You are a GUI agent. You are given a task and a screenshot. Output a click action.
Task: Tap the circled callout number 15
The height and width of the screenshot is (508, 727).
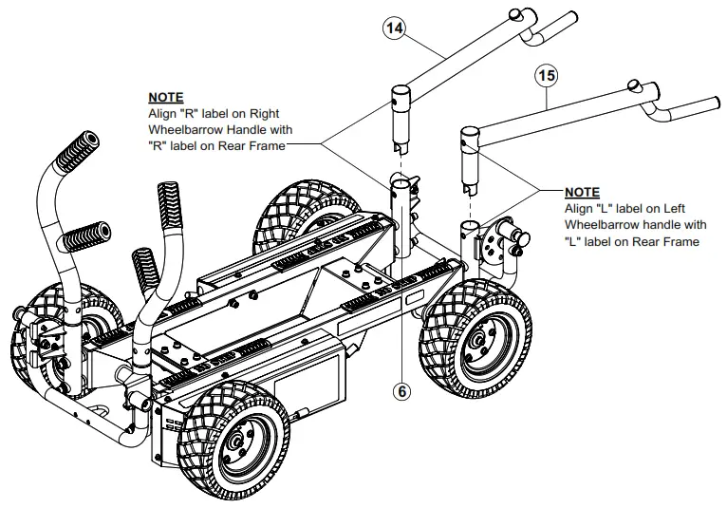546,73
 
